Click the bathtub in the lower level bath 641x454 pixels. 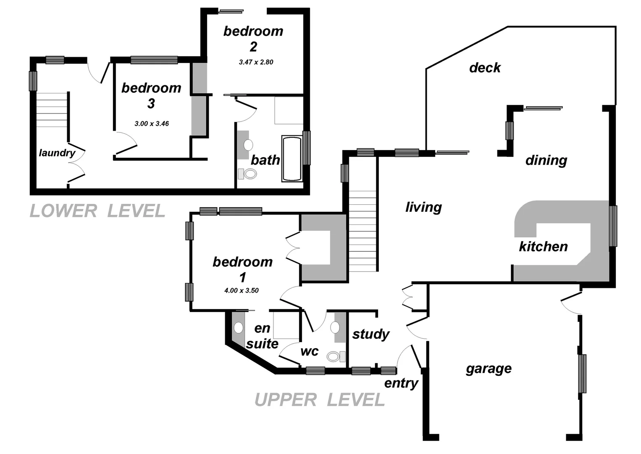pos(292,159)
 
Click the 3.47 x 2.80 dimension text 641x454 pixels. pos(256,62)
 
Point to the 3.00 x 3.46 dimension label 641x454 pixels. pos(152,124)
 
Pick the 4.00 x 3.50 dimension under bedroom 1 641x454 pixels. pos(241,290)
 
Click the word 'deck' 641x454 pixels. pos(485,68)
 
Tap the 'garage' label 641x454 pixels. pos(489,369)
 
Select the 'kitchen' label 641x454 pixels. pos(543,246)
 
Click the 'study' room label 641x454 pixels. pos(370,334)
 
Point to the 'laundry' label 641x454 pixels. pos(57,153)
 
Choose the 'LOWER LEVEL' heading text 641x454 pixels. pos(97,211)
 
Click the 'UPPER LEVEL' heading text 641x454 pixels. pos(319,400)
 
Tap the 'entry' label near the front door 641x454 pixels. pos(401,383)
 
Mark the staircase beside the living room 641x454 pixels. pos(363,231)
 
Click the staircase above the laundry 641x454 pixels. pos(52,110)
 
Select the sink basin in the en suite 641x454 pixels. pos(239,327)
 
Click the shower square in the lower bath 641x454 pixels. pos(289,111)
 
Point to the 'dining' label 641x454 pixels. pos(546,160)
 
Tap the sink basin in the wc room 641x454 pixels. pos(335,327)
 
